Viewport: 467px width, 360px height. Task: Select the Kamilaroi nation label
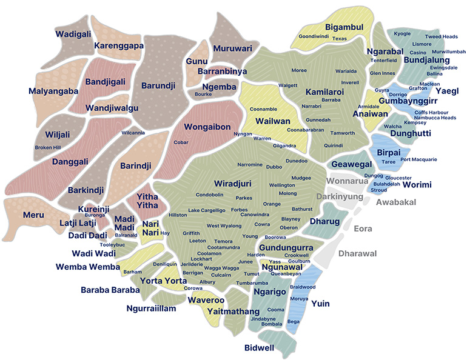[324, 92]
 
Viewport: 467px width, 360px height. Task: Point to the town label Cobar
[181, 142]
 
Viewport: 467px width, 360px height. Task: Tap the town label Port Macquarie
[419, 159]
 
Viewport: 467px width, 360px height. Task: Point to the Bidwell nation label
[260, 348]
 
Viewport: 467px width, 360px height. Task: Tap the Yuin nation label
[320, 304]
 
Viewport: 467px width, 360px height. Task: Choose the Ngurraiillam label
[151, 308]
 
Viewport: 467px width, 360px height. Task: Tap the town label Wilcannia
[133, 133]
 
